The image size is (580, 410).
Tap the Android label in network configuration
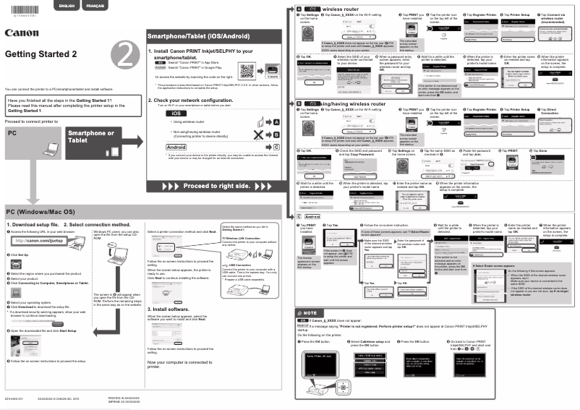pos(176,146)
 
